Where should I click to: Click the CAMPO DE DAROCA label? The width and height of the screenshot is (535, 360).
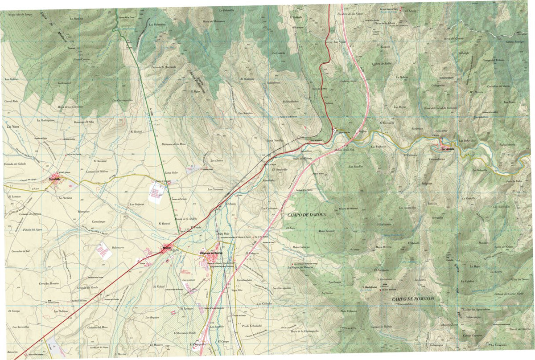(x=307, y=215)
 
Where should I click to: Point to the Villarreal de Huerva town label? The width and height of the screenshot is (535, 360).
(x=212, y=254)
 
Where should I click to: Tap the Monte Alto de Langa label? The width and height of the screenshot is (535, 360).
(x=20, y=15)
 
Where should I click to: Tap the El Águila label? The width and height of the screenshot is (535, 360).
(x=410, y=10)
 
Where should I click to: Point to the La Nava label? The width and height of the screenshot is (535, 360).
(x=12, y=127)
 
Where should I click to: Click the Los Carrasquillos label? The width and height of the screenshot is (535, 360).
(x=122, y=100)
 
